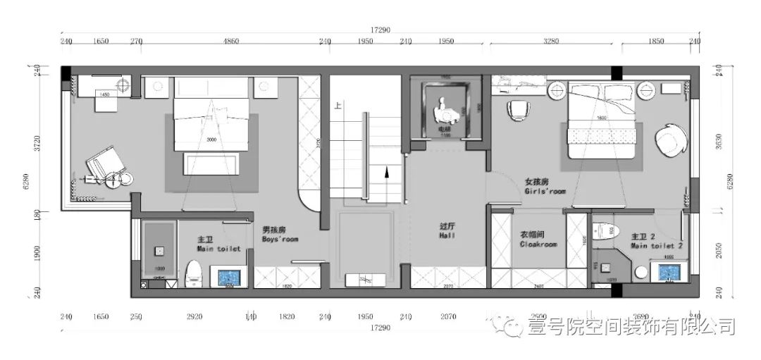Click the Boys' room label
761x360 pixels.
pos(280,235)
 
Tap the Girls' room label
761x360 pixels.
pos(544,186)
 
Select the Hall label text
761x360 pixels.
pos(447,231)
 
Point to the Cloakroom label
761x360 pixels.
pos(538,240)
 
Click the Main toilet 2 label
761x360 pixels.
pos(656,241)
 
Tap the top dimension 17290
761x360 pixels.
pos(380,30)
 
